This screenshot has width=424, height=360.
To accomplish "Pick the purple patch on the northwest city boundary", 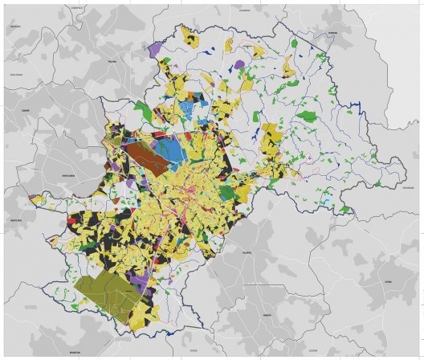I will point(155,50).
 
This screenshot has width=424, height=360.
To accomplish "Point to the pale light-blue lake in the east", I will point(326,198).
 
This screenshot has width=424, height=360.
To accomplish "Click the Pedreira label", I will point(332,34).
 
